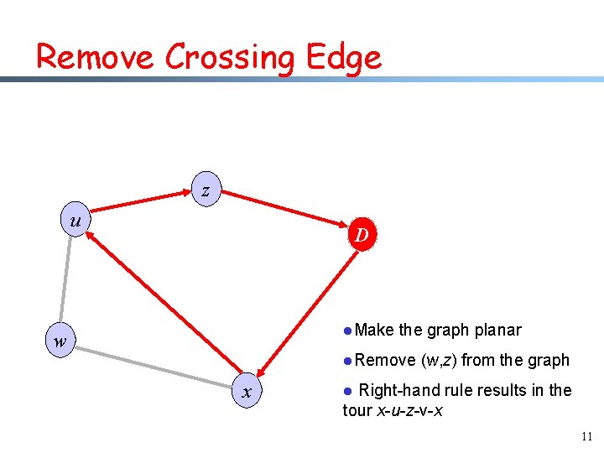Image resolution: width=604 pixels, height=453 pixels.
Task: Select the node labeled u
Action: click(x=75, y=221)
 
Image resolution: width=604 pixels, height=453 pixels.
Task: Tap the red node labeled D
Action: click(x=361, y=235)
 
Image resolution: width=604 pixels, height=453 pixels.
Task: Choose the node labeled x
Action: click(x=247, y=391)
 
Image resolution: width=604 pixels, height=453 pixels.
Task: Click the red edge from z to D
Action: click(x=285, y=210)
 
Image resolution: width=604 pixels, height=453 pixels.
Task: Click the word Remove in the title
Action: click(x=95, y=57)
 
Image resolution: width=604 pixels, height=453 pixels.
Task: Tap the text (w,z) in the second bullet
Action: click(x=439, y=361)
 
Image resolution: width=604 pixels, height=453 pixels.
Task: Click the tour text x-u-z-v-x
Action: click(x=405, y=411)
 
